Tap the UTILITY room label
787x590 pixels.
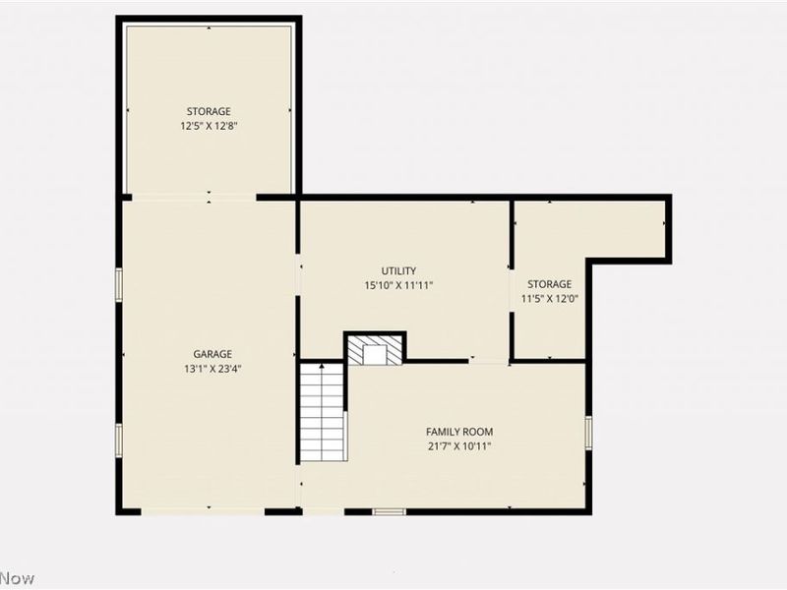(x=398, y=270)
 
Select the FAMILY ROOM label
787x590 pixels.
(x=459, y=432)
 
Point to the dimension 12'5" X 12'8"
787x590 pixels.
(x=209, y=126)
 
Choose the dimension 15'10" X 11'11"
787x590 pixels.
(x=398, y=285)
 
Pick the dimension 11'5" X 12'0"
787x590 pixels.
(x=549, y=299)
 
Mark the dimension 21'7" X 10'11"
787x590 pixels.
(x=459, y=445)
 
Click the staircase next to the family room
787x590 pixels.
(x=323, y=412)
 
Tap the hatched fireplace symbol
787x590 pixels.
(x=376, y=353)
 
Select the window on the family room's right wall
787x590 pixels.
(x=588, y=433)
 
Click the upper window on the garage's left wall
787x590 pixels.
(x=119, y=284)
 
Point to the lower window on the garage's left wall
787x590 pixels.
(x=119, y=440)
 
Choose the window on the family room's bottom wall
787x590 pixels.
(x=389, y=511)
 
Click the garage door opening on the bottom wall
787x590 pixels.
(x=203, y=511)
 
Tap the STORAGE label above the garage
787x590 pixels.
(x=209, y=111)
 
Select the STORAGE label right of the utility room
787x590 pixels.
(x=549, y=284)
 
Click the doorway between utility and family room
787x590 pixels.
(x=488, y=361)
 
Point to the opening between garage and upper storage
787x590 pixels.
(x=193, y=198)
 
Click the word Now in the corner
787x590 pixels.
(x=18, y=578)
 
